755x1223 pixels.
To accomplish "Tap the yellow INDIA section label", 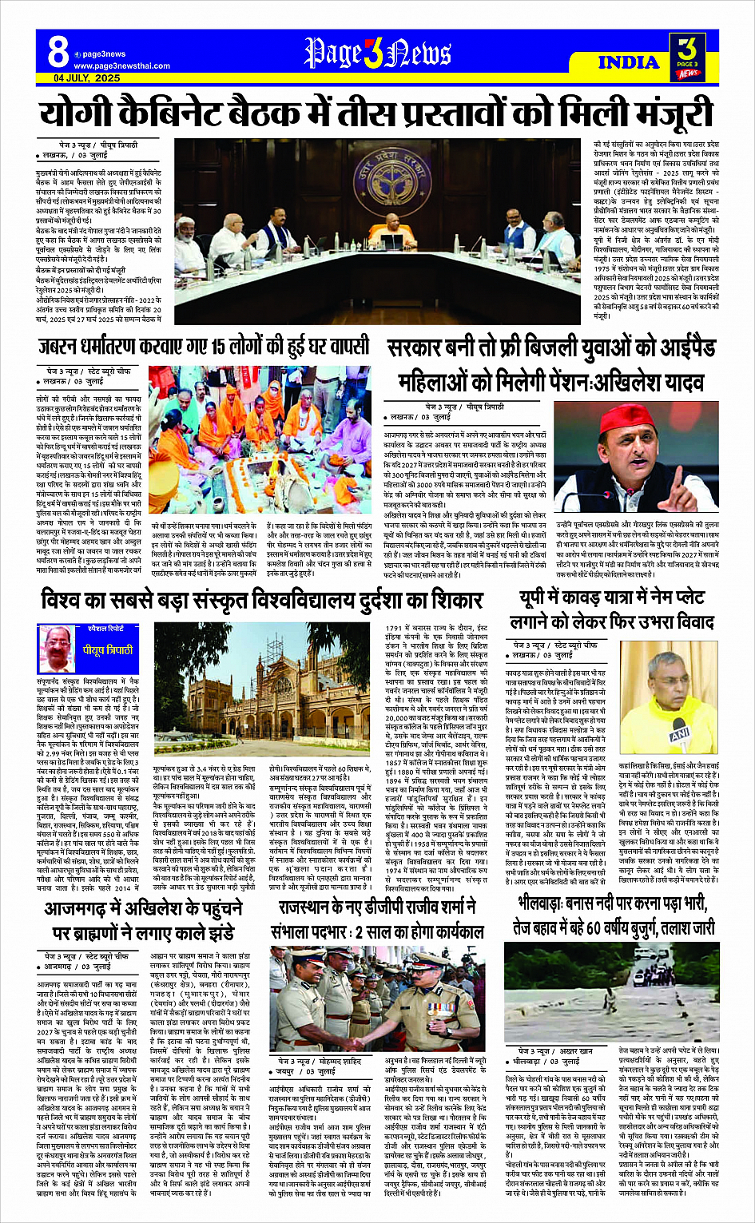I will [x=628, y=62].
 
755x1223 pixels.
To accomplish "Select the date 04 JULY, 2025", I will [x=87, y=78].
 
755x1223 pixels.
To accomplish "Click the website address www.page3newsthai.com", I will [x=121, y=66].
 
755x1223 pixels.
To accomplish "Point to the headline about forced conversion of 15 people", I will [x=204, y=346].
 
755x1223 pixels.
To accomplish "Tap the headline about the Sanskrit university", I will [x=263, y=598].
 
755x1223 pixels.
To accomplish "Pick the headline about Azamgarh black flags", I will [x=144, y=921].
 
